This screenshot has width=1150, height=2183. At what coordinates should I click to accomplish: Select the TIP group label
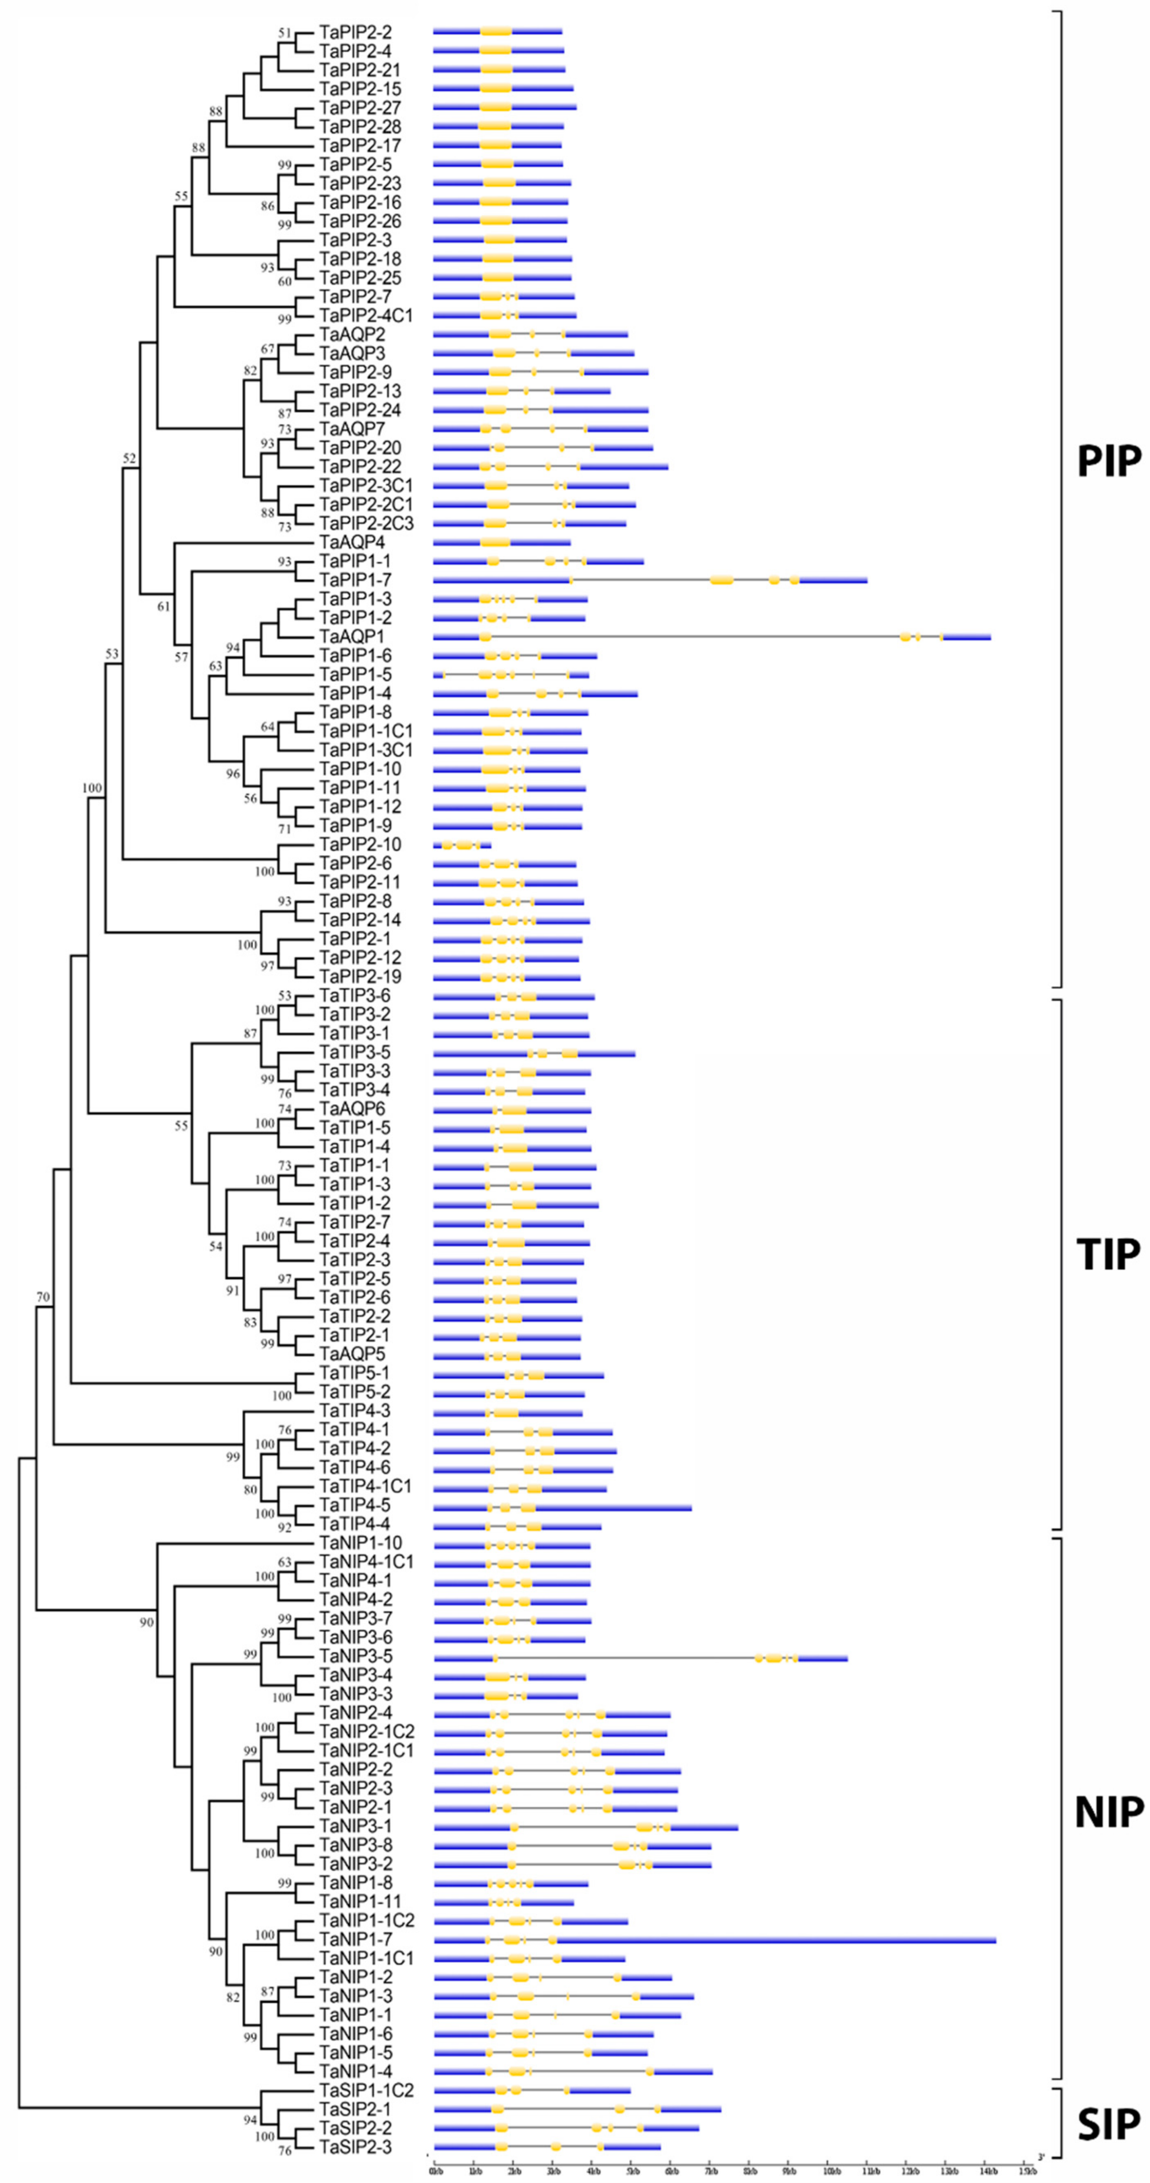pos(1109,1254)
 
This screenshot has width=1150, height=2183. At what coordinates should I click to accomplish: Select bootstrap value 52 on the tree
pos(129,458)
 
